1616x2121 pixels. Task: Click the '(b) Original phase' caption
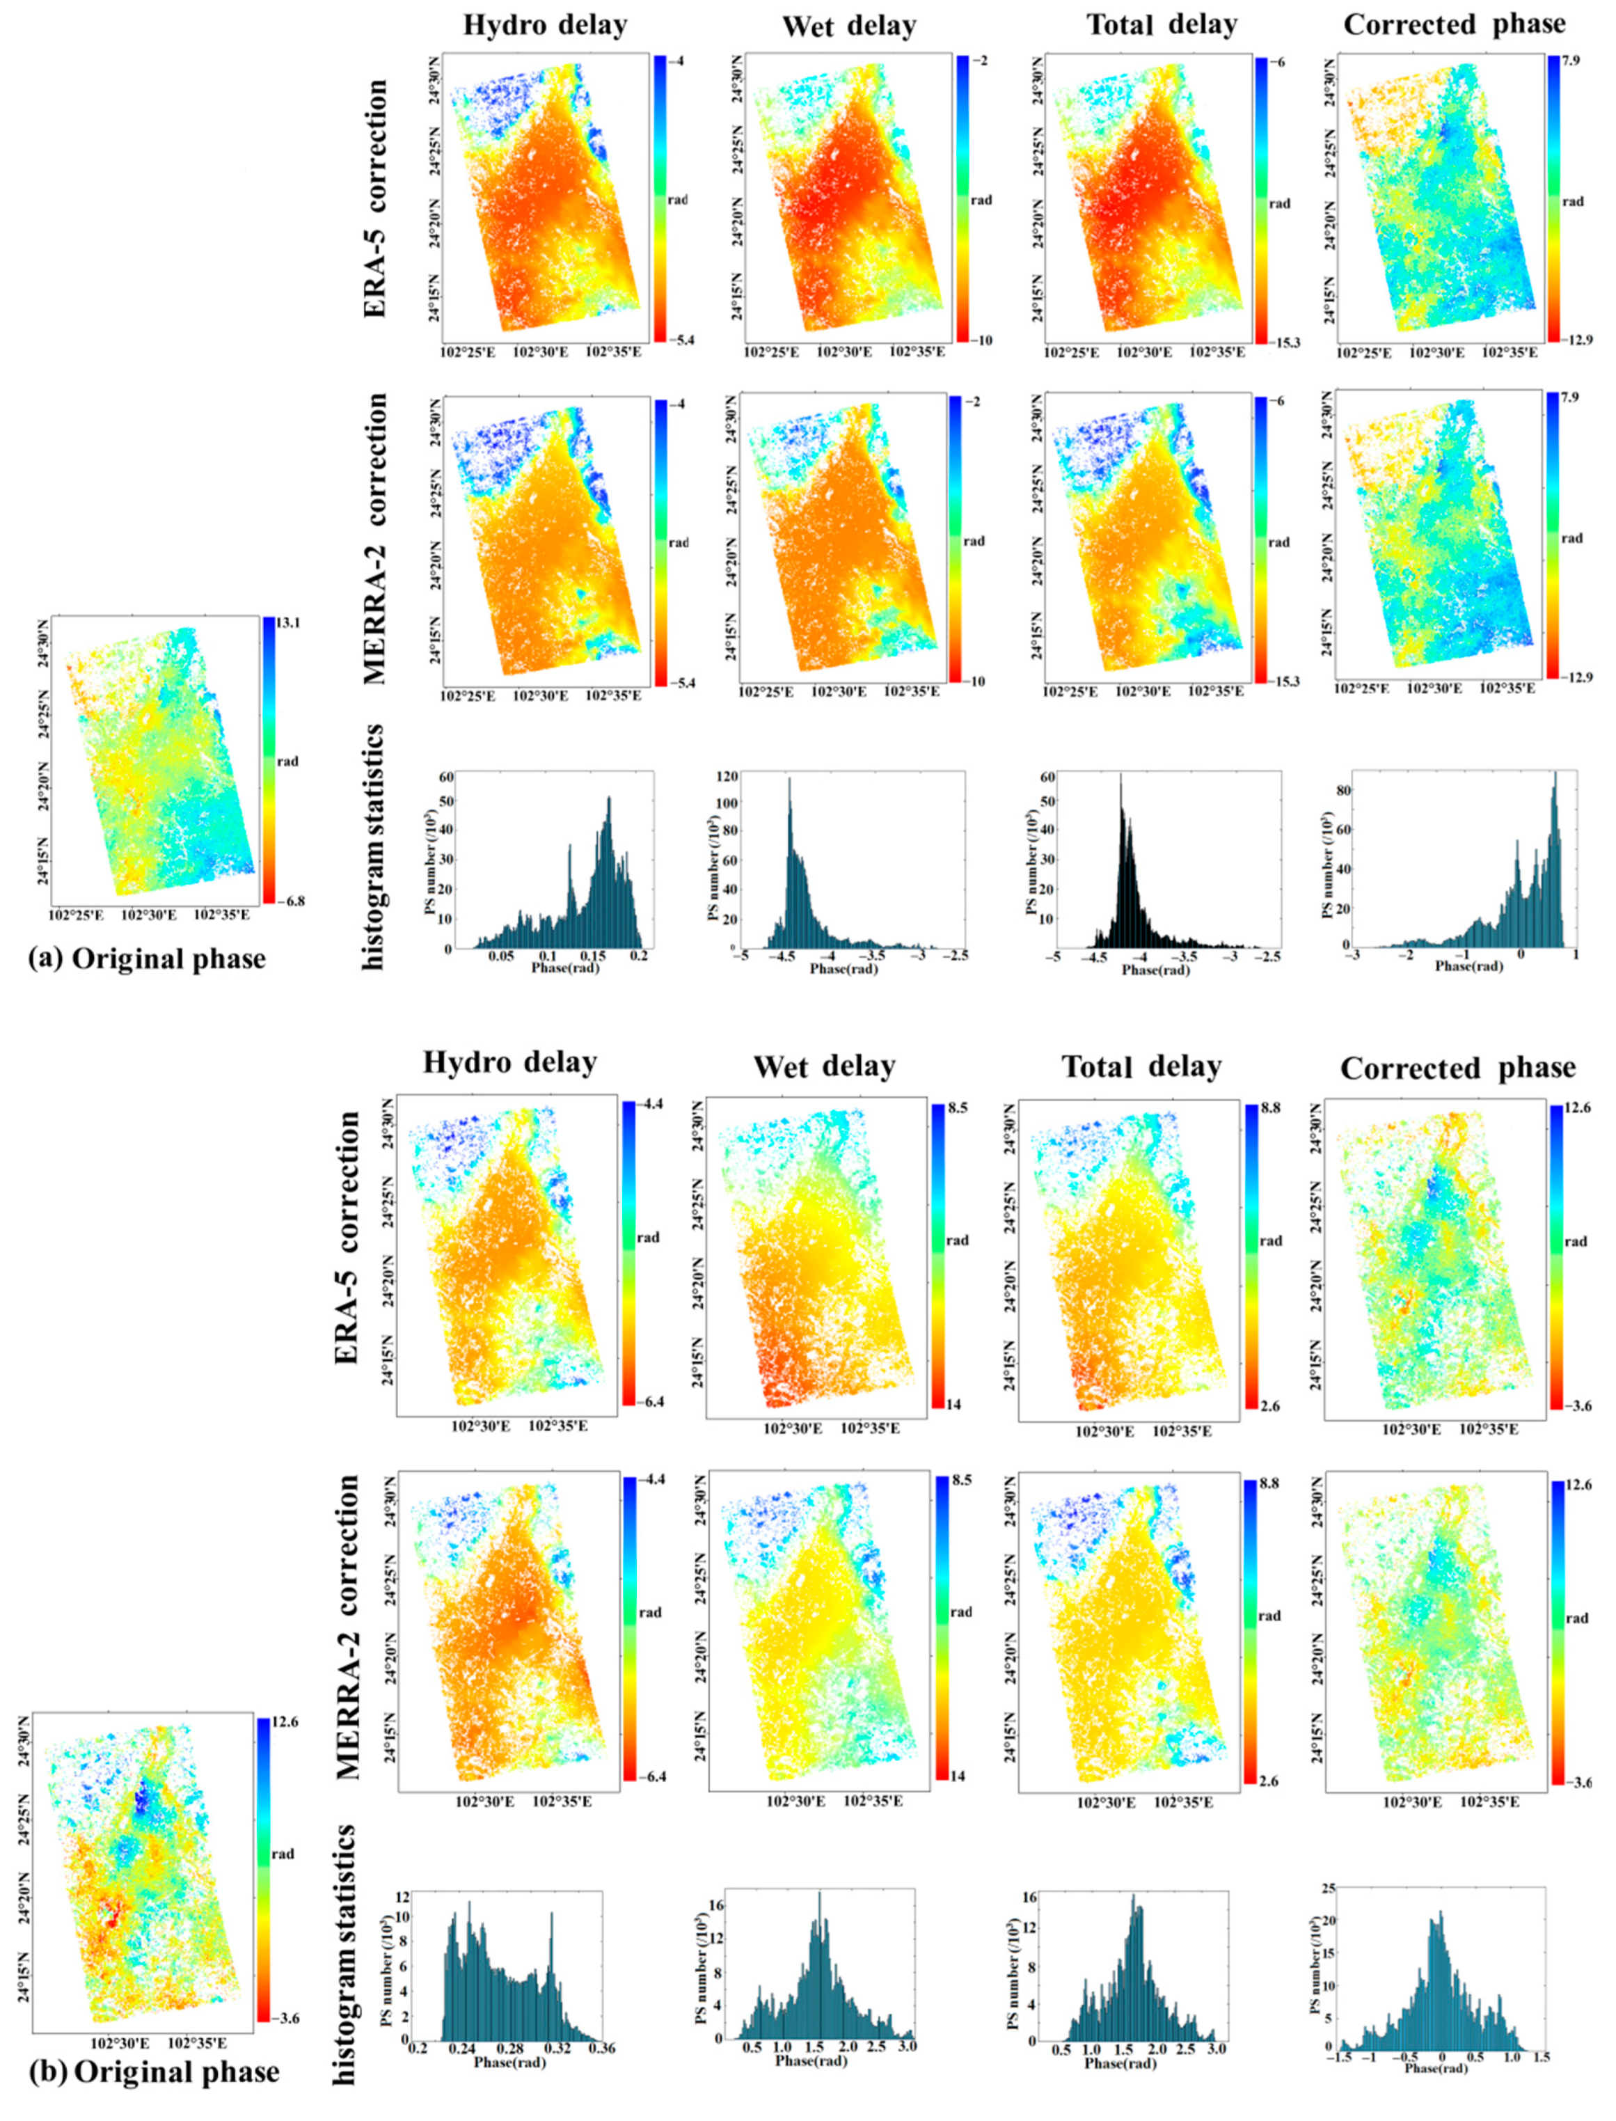154,2070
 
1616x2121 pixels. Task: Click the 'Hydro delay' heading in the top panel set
544,26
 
